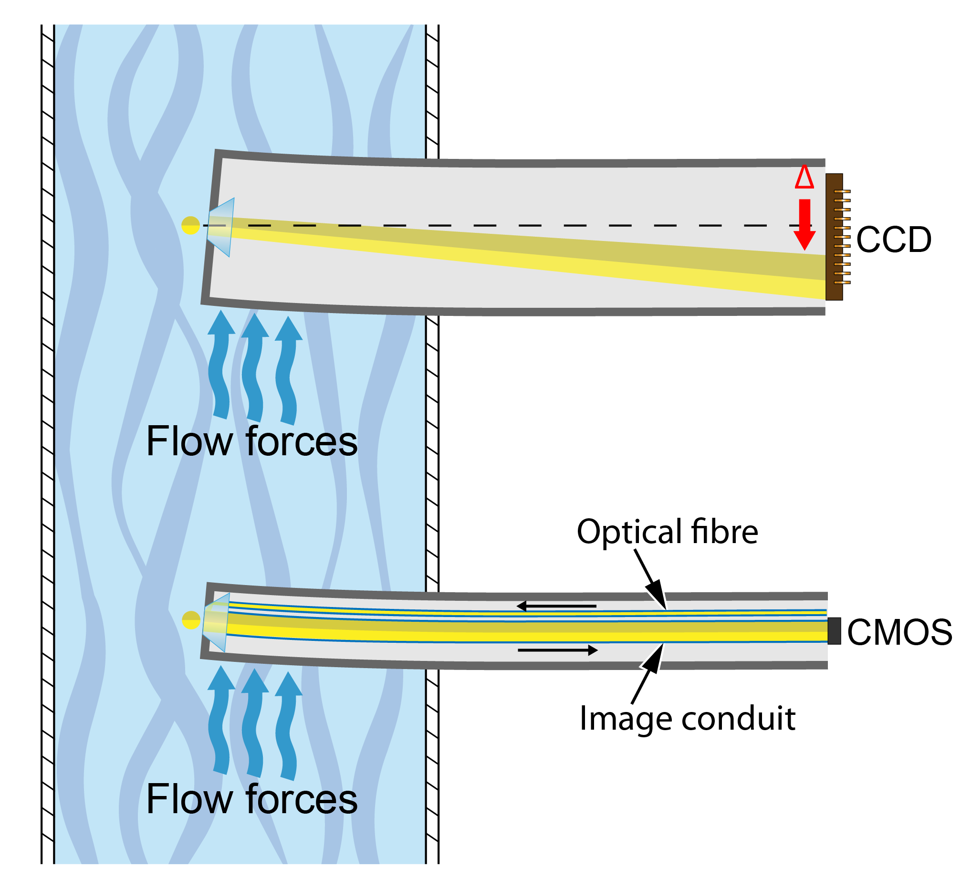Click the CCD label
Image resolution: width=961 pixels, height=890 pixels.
pos(893,240)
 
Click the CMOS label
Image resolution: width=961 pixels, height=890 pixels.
pos(899,632)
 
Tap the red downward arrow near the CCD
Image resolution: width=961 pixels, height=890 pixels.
pos(804,224)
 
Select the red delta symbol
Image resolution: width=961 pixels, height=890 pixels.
pos(804,177)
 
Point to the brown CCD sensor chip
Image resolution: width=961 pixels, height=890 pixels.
pos(834,237)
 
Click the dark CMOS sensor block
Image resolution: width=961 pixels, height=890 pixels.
pos(834,631)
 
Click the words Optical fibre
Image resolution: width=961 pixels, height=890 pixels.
pos(667,532)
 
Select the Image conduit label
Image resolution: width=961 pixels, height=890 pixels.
pos(688,719)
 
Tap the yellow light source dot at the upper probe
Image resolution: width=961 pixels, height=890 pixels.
pos(191,225)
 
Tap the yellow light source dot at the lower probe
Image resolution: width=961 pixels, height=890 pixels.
pos(191,620)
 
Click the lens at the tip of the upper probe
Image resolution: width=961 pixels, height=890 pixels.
pos(221,227)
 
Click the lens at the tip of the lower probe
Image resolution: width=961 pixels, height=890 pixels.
pos(216,622)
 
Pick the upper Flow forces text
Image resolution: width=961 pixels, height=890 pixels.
pos(252,441)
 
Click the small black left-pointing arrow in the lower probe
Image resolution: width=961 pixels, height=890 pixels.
pos(556,606)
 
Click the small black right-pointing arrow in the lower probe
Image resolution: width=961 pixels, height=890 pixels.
pos(557,650)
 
